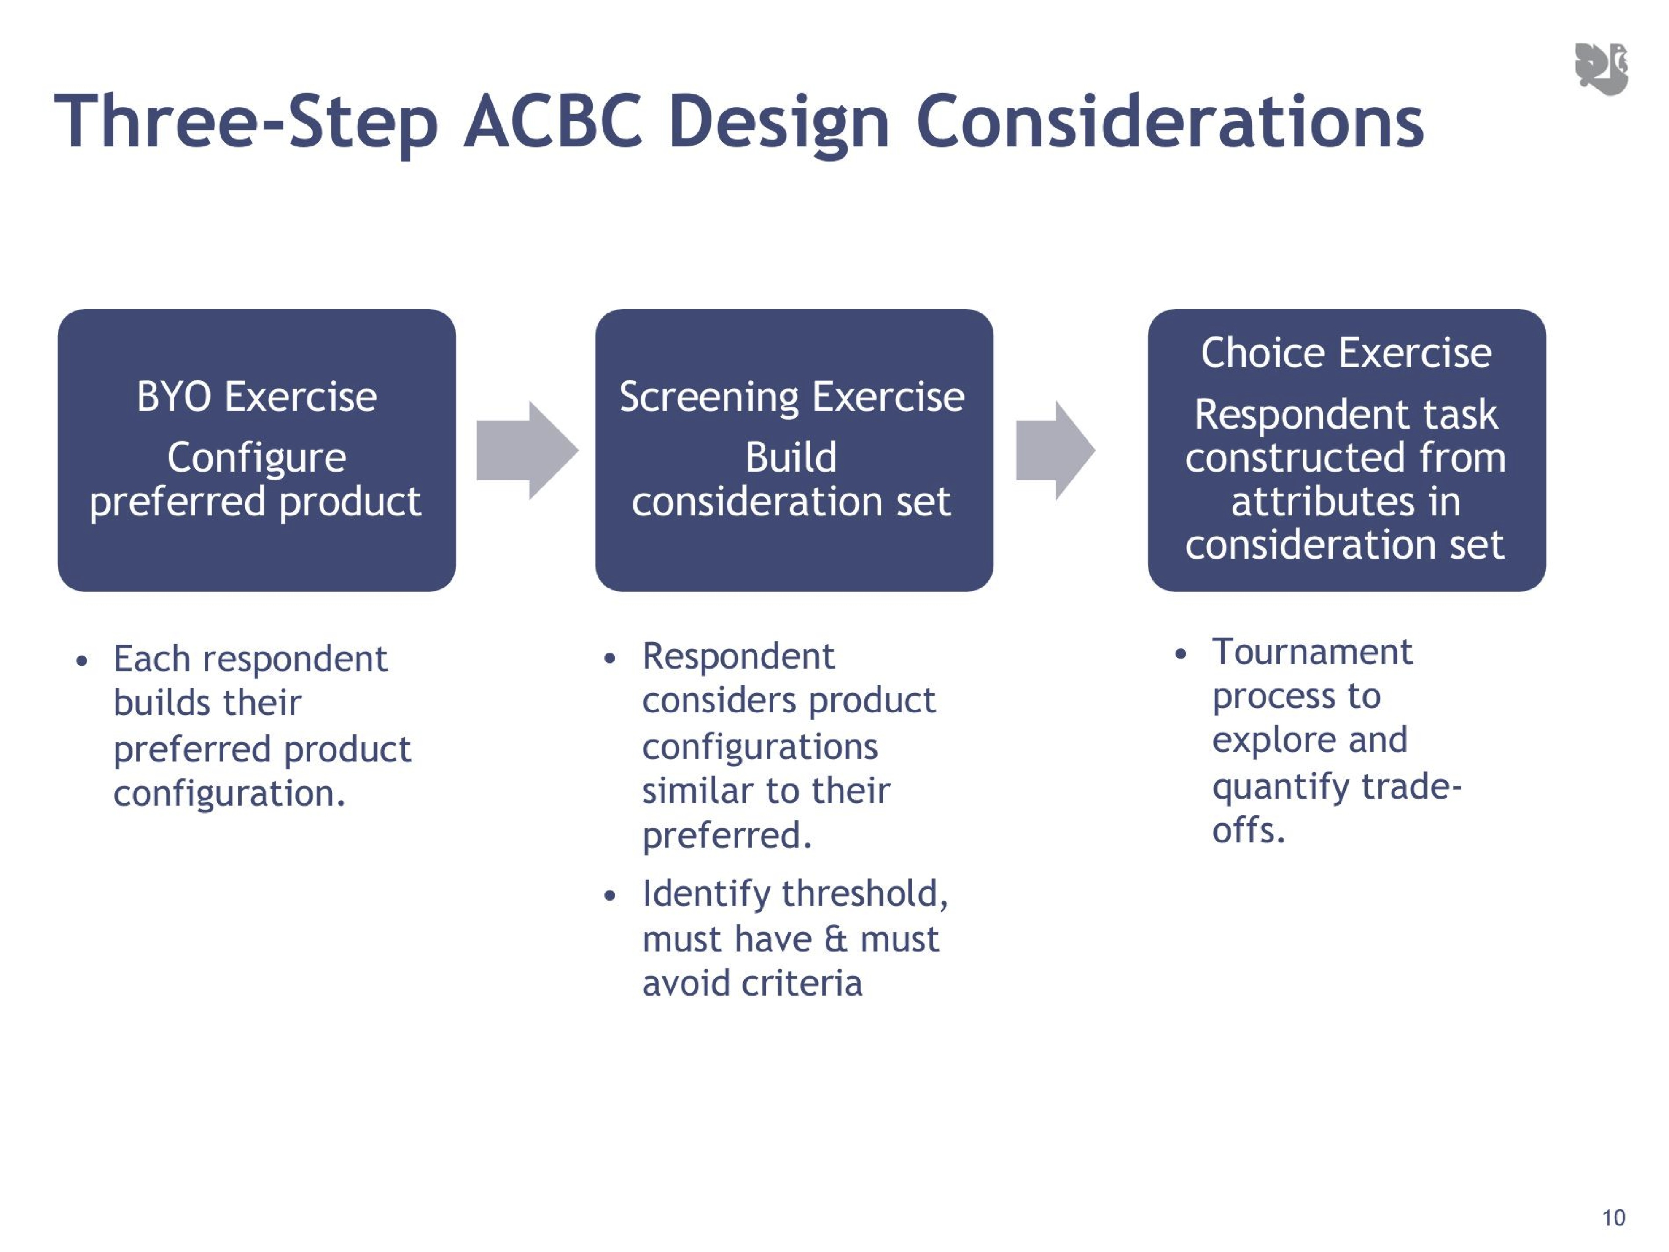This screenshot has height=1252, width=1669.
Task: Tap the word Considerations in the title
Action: (x=1169, y=121)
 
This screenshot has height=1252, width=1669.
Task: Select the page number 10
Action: (x=1613, y=1217)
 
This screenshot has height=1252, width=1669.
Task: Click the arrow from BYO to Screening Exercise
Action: (x=528, y=451)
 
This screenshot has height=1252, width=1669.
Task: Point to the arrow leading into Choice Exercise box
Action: (x=1055, y=451)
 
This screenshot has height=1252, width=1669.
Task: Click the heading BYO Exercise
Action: (x=256, y=397)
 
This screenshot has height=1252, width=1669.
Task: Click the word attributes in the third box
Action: (x=1323, y=502)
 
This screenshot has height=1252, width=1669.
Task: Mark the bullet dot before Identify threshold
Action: (x=611, y=896)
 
